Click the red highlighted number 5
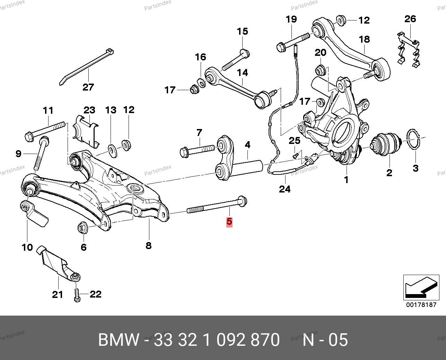(229, 222)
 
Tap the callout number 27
(88, 86)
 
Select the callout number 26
(410, 19)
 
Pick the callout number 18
(365, 40)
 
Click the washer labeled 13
(112, 149)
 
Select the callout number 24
(285, 189)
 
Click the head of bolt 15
(244, 53)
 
